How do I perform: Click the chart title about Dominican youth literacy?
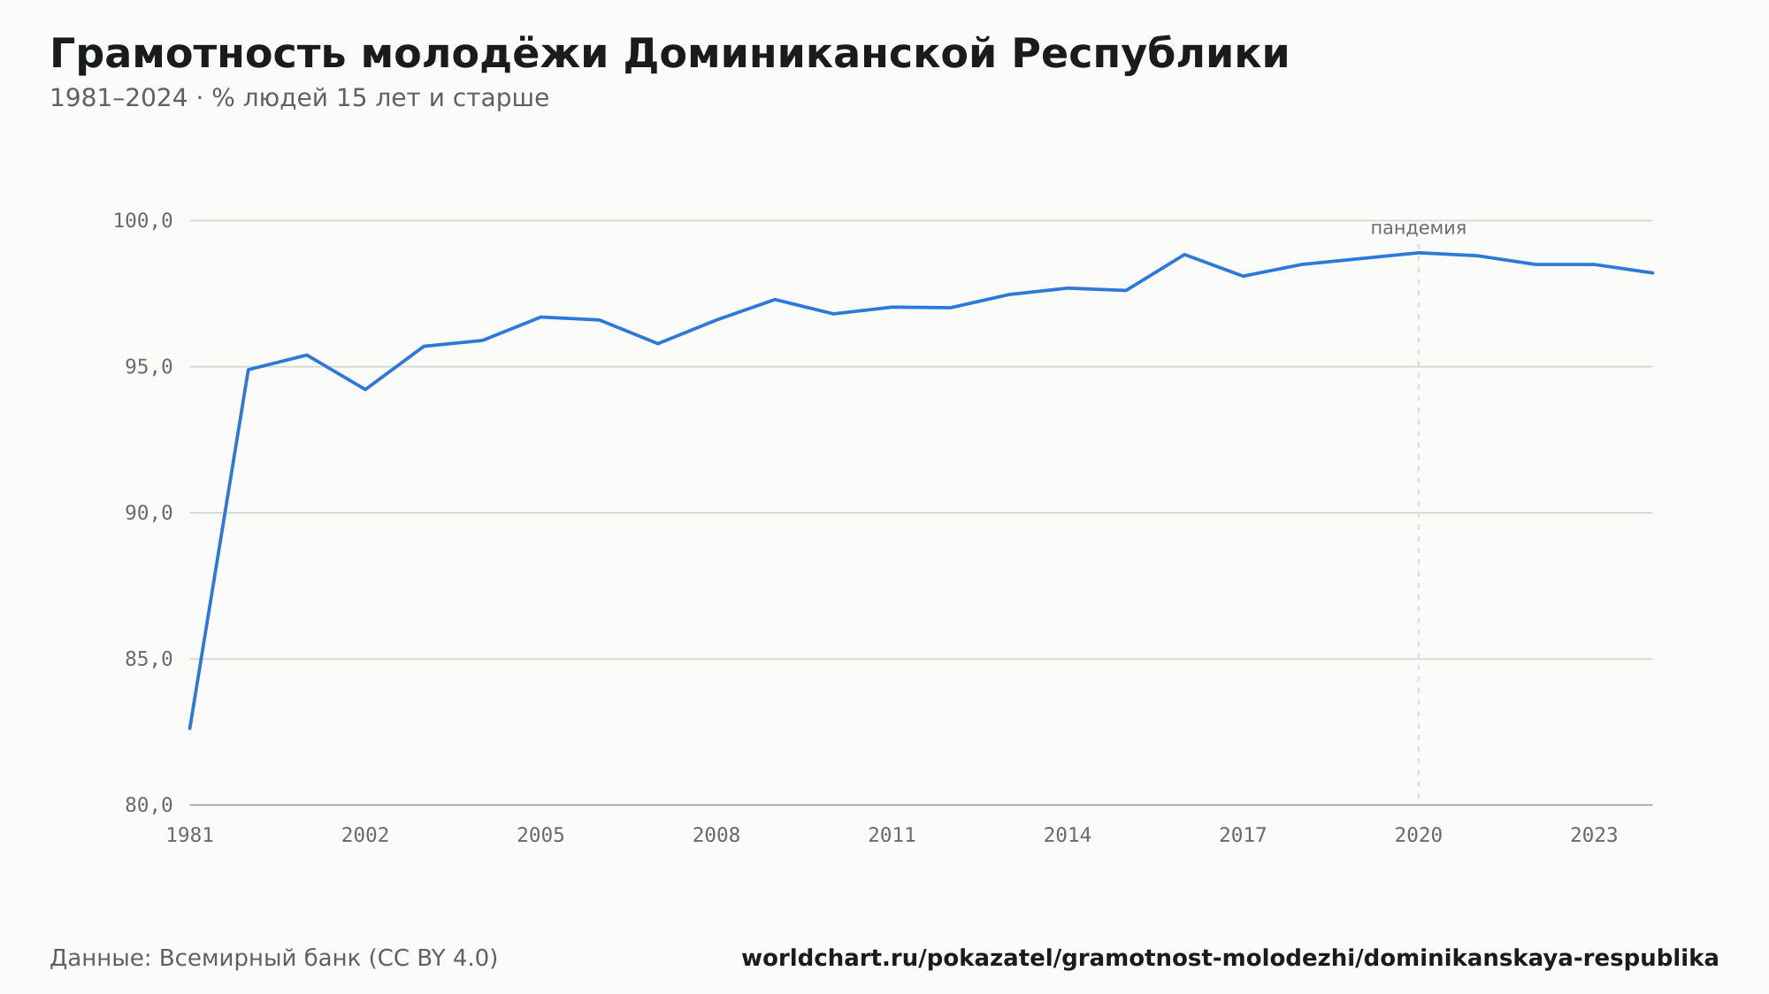tap(670, 54)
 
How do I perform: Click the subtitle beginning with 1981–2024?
tap(299, 98)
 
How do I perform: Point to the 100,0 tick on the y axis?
tap(142, 221)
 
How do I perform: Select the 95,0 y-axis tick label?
tap(149, 367)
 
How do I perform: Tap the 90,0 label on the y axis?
tap(149, 513)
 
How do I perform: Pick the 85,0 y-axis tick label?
tap(149, 659)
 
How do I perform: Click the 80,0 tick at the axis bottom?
tap(149, 805)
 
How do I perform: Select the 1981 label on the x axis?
tap(190, 835)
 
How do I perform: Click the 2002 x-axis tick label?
tap(365, 835)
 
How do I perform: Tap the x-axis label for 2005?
tap(540, 835)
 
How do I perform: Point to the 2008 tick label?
tap(716, 835)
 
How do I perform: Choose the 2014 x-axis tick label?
tap(1068, 835)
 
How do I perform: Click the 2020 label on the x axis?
tap(1419, 835)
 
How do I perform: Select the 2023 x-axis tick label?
tap(1594, 835)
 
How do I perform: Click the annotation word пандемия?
tap(1419, 228)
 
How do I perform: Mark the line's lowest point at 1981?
tap(190, 728)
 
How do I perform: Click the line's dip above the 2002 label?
tap(365, 389)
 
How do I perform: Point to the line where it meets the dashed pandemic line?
tap(1419, 253)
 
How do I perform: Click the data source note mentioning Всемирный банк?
tap(274, 958)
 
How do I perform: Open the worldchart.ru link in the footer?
tap(1230, 958)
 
